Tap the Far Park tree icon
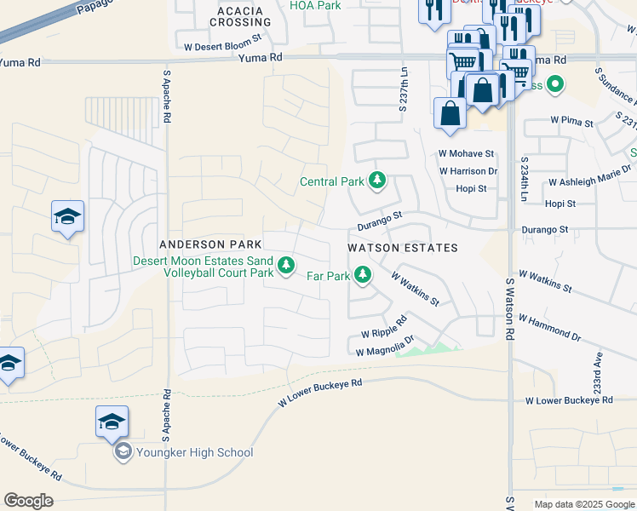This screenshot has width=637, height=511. tap(363, 275)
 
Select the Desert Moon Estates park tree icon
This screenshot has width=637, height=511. tap(287, 267)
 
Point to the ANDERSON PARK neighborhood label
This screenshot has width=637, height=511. tap(204, 244)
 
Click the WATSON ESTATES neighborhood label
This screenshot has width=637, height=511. tap(403, 248)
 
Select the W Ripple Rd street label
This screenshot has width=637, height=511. tap(384, 330)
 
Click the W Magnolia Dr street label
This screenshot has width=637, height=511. tap(384, 347)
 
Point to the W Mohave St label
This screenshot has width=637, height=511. tap(466, 154)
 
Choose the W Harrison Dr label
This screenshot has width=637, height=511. tap(468, 171)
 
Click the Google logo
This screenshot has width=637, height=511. tap(28, 501)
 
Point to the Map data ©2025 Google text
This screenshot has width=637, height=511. tap(583, 504)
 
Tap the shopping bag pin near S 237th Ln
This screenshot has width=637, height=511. tap(449, 114)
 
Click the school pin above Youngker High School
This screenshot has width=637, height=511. tap(112, 422)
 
